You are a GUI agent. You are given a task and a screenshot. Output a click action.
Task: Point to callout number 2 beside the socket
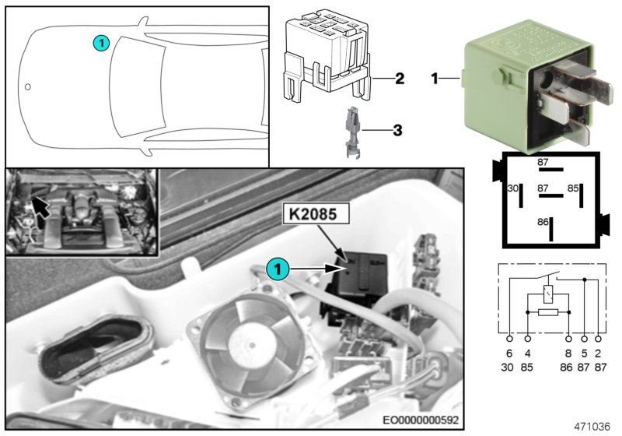point(399,79)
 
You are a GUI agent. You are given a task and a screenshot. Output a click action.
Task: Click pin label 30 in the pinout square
point(512,188)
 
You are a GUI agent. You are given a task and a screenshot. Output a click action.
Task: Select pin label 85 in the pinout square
point(572,188)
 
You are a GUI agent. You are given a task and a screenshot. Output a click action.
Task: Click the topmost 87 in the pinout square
point(543,162)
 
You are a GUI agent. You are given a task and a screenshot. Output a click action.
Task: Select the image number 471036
point(592,425)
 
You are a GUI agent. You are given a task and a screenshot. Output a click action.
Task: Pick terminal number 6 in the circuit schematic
point(510,353)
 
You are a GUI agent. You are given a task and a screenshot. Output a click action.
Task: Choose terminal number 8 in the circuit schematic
point(568,353)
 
